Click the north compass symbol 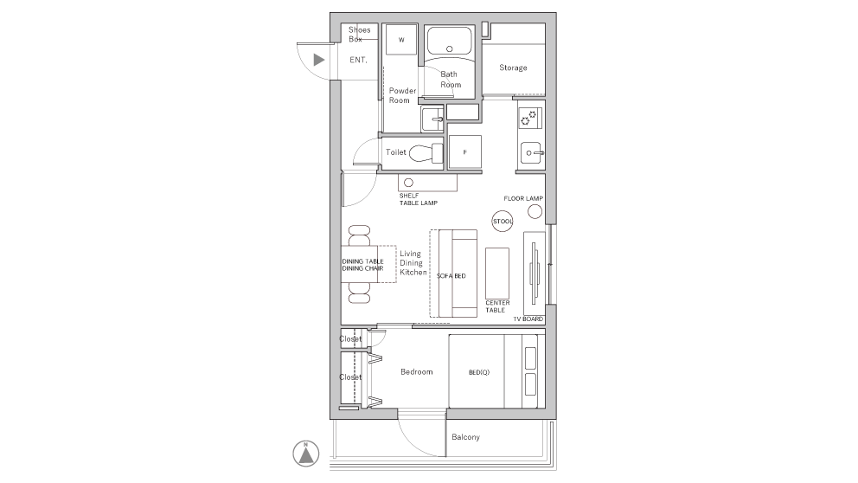305,452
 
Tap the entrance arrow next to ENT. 318,60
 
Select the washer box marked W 401,40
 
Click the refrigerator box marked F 465,152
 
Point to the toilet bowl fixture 424,153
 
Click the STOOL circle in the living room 503,222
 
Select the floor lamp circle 535,210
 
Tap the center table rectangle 497,272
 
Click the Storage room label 513,68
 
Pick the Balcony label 465,437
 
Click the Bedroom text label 416,372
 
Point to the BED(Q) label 479,372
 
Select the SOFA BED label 451,275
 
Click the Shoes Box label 360,35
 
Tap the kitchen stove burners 530,117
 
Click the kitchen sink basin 530,153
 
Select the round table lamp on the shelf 407,183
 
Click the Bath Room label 451,80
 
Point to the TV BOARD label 527,319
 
